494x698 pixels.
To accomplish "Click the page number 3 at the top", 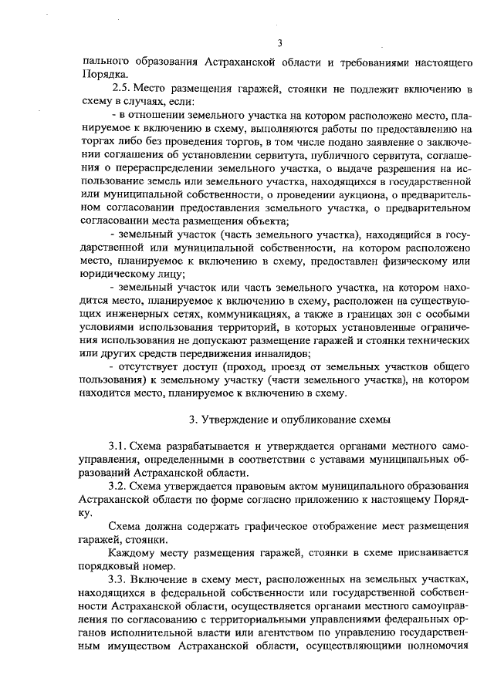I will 281,42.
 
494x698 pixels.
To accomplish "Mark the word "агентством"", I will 280,632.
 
